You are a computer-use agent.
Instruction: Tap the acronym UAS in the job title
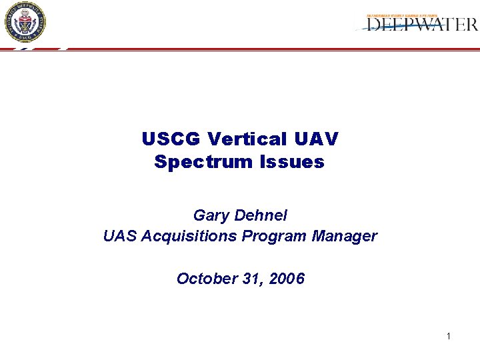click(119, 236)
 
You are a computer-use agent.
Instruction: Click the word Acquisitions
click(187, 236)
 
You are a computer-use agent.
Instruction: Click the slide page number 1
click(449, 336)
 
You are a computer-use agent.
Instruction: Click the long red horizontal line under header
click(267, 49)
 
